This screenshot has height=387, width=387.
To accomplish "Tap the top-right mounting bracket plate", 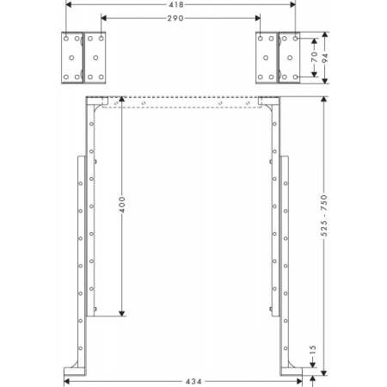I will pos(279,58).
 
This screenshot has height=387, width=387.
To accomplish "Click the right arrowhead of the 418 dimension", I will pos(296,4).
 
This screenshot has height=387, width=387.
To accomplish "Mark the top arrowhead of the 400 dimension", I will pos(121,101).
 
